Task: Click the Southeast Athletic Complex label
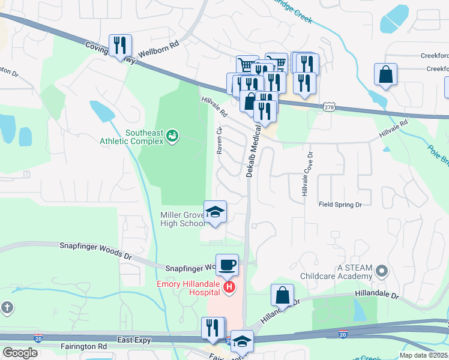[x=144, y=137]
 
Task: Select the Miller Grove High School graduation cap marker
[x=215, y=212]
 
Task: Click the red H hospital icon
[x=229, y=289]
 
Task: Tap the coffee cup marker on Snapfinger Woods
[x=227, y=265]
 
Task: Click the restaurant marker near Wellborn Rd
[x=121, y=46]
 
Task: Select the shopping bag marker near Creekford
[x=386, y=75]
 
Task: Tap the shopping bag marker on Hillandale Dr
[x=282, y=296]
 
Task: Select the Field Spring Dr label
[x=340, y=205]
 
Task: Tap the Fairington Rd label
[x=83, y=346]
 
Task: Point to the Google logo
[x=20, y=353]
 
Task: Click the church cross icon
[x=7, y=308]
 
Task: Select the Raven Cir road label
[x=220, y=140]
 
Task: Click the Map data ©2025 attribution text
[x=423, y=355]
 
